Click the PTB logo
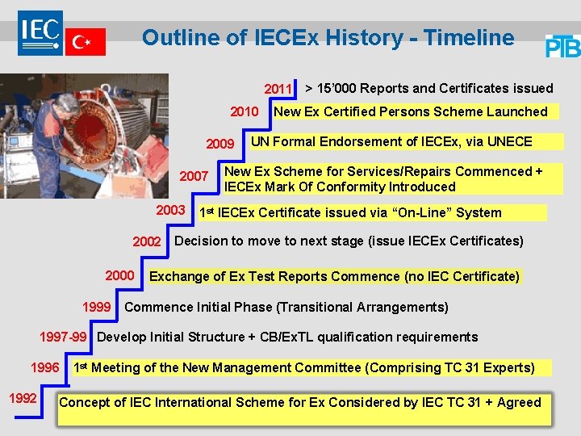point(562,47)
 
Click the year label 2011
point(279,89)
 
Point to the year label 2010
point(245,112)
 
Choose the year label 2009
point(220,145)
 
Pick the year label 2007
point(194,176)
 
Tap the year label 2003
point(170,210)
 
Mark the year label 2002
point(147,242)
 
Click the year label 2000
point(119,275)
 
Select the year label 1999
point(97,307)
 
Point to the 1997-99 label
point(63,337)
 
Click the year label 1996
point(45,367)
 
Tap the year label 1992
point(22,397)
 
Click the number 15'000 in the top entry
point(341,88)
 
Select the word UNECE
point(507,141)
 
